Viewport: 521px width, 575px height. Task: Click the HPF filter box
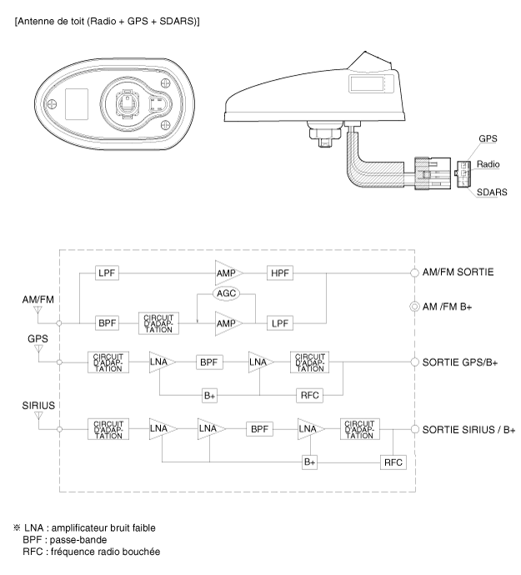(x=280, y=272)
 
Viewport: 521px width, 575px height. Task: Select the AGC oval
(x=227, y=293)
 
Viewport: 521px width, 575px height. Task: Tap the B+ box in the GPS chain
(x=209, y=396)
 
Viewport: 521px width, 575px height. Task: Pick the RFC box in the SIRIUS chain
(x=393, y=462)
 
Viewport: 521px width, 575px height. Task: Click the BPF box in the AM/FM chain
(x=108, y=323)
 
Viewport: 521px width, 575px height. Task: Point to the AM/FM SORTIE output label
(x=458, y=272)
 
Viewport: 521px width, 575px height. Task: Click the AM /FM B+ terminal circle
(x=414, y=306)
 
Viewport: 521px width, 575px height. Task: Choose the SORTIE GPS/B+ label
(x=459, y=362)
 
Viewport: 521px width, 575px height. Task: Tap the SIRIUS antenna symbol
(x=38, y=416)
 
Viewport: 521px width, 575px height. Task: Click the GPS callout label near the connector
(x=488, y=138)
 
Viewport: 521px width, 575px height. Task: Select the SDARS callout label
(x=492, y=192)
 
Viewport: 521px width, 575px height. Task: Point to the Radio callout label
(x=488, y=164)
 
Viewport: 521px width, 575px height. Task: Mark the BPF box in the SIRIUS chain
(x=259, y=429)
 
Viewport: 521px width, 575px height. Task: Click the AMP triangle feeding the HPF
(x=228, y=272)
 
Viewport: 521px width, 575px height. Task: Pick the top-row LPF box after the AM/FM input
(x=108, y=272)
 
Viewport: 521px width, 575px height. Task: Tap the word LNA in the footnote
(x=33, y=528)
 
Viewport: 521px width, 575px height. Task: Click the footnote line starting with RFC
(x=92, y=552)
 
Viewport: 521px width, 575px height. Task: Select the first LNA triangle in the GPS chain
(x=162, y=362)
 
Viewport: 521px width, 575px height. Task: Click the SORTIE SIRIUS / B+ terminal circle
(x=414, y=429)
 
